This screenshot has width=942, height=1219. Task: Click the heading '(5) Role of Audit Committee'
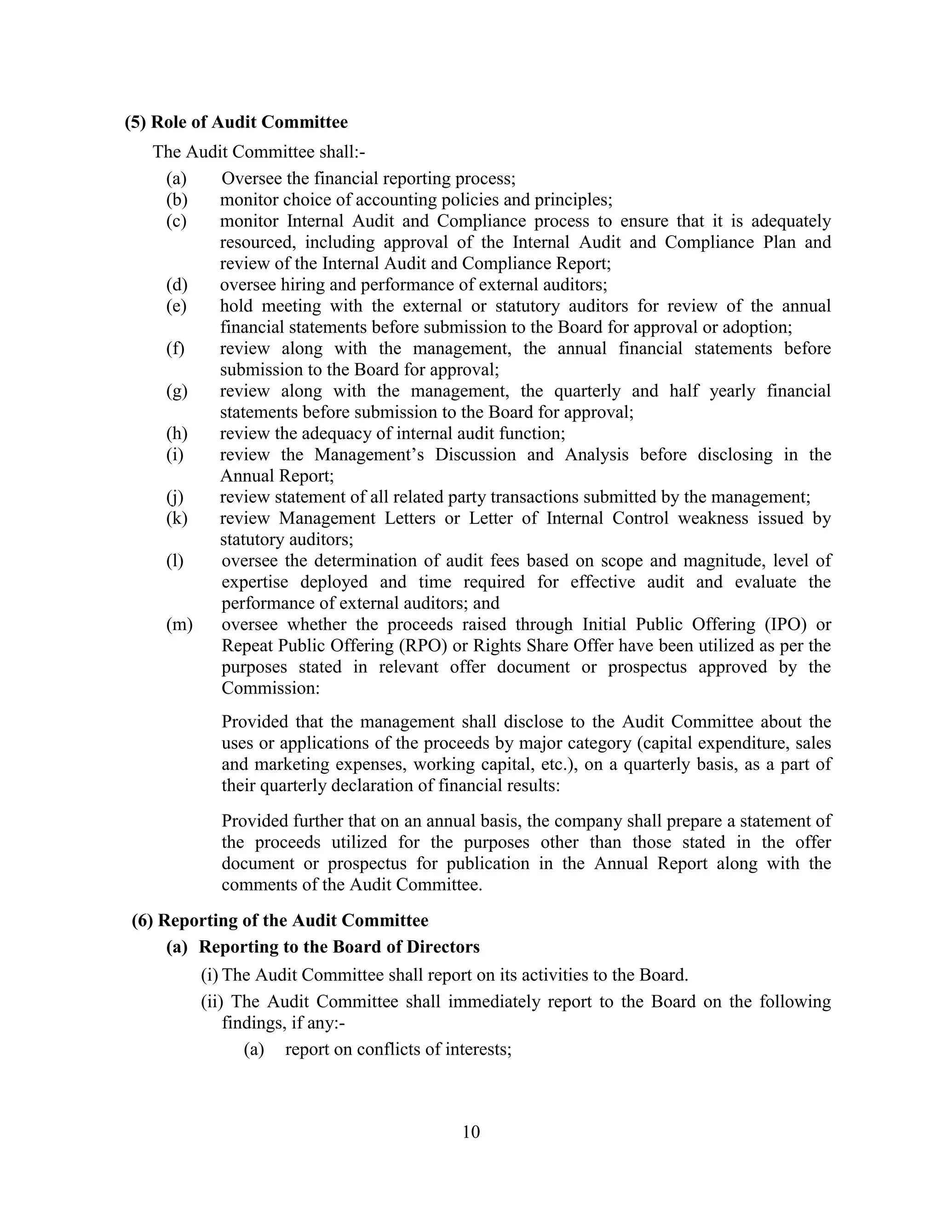coord(236,122)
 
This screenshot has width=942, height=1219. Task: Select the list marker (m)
coord(178,625)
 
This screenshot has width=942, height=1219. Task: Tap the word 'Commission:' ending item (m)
coord(270,688)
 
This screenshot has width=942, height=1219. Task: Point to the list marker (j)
coord(175,497)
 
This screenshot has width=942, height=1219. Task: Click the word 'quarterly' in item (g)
coord(587,391)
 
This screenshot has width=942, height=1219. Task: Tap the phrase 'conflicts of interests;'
coord(434,1050)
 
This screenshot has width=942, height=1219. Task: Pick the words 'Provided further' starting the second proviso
coord(283,821)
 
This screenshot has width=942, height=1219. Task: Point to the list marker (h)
coord(176,434)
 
